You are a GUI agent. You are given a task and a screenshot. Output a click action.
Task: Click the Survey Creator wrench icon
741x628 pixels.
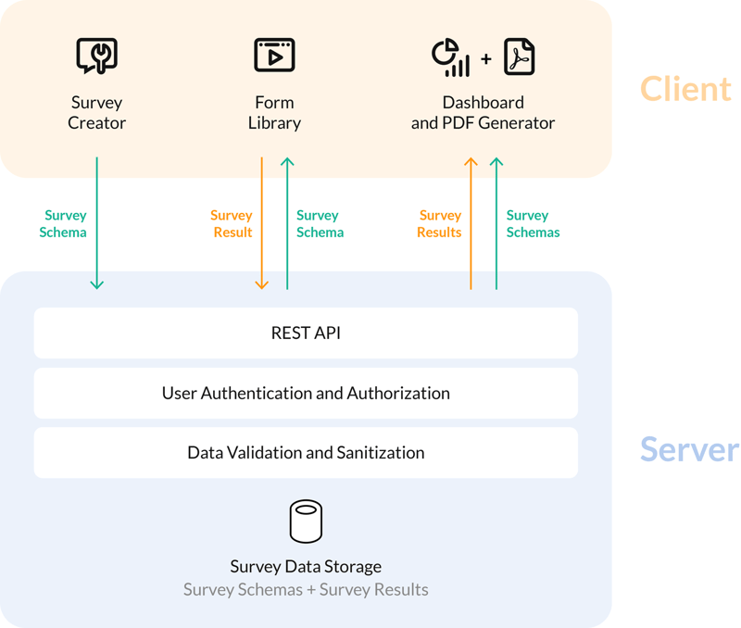coord(96,56)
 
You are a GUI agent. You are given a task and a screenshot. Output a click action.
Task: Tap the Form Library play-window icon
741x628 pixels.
coord(274,56)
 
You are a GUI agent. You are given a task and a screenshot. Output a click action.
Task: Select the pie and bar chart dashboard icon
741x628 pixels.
coord(451,57)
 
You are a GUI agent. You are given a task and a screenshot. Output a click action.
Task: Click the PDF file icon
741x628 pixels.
coord(519,57)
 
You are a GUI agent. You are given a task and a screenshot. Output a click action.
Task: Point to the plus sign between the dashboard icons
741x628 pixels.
coord(485,59)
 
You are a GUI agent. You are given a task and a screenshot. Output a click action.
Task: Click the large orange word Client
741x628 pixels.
coord(685,89)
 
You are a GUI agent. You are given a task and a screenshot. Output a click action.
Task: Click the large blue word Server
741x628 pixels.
coord(689,449)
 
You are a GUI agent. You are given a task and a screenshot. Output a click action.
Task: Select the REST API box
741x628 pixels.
coord(306,333)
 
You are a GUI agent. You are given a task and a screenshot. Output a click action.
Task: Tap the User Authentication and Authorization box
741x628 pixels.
coord(306,393)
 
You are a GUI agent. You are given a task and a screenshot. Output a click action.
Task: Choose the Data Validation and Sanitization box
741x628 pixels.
coord(306,453)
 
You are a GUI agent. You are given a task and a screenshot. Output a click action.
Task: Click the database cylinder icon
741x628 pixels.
coord(306,521)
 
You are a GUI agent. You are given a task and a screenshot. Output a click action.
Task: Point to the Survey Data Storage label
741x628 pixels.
coord(306,566)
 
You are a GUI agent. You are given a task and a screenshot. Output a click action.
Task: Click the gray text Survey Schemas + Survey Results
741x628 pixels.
coord(306,589)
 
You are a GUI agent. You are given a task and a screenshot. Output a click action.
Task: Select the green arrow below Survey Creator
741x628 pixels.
coord(96,222)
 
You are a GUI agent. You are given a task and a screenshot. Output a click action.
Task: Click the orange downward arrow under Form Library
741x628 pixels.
coord(262,222)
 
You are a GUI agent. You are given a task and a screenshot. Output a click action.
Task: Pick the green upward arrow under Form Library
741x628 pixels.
coord(287,222)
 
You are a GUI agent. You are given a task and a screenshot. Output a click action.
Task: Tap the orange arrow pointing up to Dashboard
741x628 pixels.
coord(471,222)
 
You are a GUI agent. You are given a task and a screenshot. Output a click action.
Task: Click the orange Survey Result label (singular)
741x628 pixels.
coord(232,224)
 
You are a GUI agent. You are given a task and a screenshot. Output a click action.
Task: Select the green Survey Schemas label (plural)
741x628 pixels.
coord(533,224)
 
